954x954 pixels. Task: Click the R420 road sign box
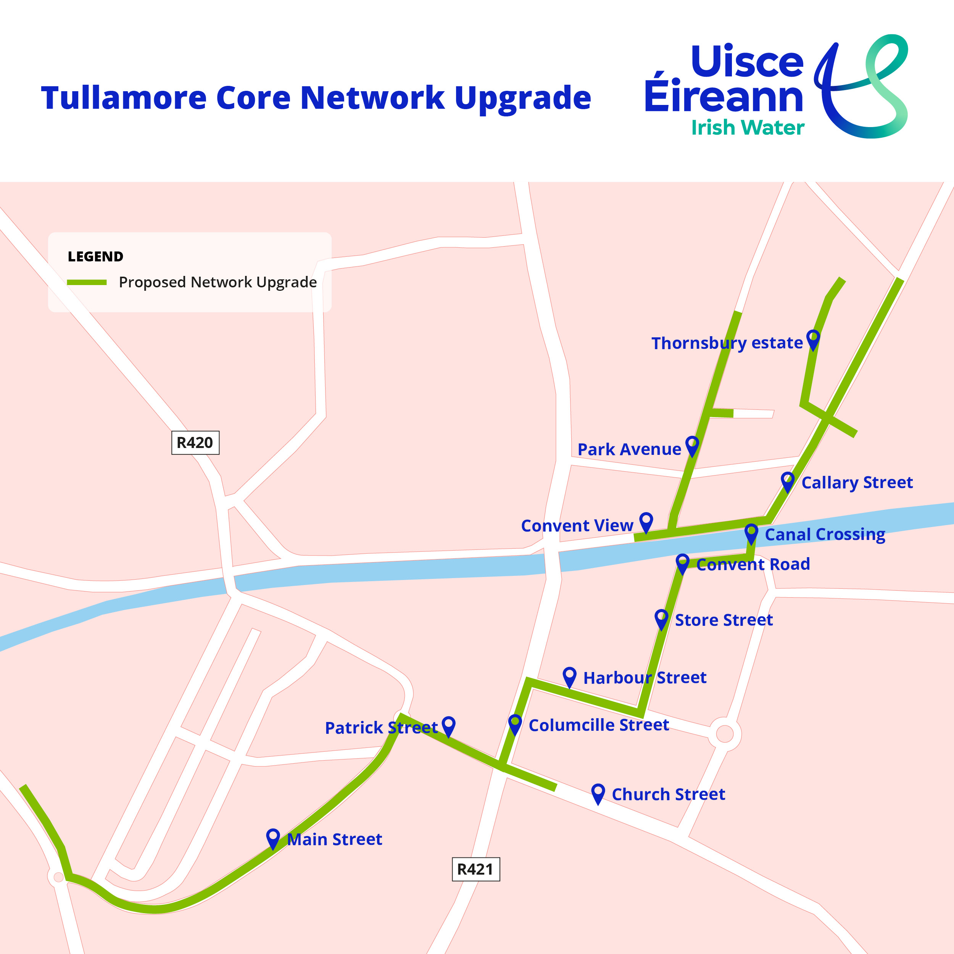(x=195, y=442)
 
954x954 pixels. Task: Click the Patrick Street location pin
(x=448, y=726)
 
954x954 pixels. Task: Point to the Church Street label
(x=668, y=794)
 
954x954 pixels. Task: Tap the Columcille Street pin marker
(x=515, y=724)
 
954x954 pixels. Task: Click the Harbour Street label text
(x=645, y=677)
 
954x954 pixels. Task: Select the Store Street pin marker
(x=661, y=618)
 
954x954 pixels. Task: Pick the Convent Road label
(x=753, y=564)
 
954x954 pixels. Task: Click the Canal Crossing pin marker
(x=751, y=533)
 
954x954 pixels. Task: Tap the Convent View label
(x=577, y=525)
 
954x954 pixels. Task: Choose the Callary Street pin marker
(x=788, y=481)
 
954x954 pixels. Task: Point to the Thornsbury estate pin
(x=813, y=339)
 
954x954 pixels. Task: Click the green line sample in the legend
(x=87, y=282)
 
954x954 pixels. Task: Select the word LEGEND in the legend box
(x=95, y=257)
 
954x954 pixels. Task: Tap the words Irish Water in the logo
(x=748, y=127)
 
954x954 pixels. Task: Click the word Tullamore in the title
(x=123, y=98)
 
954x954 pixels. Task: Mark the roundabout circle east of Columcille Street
(x=724, y=734)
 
